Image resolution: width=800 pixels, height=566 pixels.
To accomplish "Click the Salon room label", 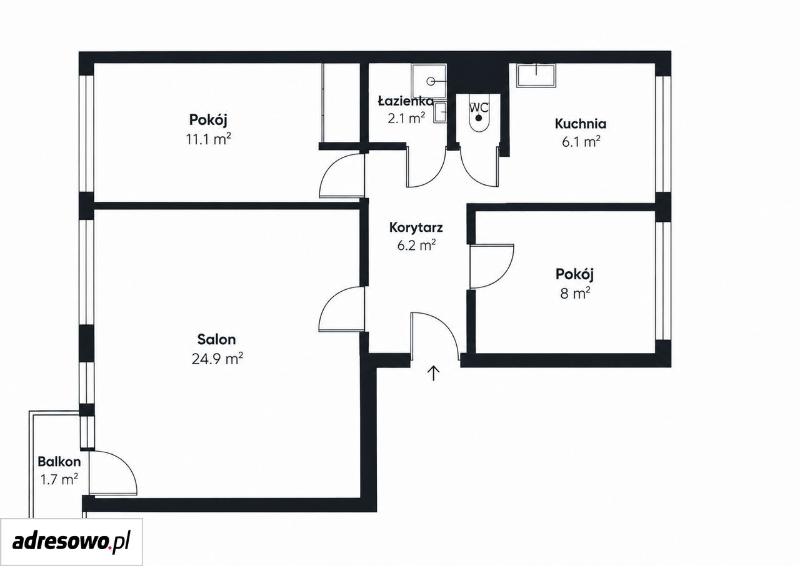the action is (216, 339).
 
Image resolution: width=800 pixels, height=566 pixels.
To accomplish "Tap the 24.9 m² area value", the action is (217, 359).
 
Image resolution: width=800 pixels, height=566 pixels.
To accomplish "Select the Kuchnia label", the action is (581, 124).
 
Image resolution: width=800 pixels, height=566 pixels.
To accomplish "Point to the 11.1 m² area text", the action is (208, 139).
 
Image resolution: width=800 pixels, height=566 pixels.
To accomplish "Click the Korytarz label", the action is (416, 227).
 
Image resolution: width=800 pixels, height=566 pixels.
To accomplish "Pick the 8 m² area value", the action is (575, 294).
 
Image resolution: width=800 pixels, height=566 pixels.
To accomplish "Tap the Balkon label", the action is (59, 462).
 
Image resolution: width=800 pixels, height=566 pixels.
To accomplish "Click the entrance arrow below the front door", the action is (434, 374).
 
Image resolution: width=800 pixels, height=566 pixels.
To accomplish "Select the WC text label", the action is (479, 107).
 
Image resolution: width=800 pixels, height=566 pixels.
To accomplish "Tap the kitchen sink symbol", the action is (536, 75).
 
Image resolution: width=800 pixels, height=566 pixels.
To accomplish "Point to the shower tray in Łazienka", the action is (429, 81).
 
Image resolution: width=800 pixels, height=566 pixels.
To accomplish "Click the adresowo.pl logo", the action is (71, 542).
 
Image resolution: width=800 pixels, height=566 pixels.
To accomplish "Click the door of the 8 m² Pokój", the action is (492, 266).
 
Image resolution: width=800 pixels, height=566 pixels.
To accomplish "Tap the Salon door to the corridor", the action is (341, 309).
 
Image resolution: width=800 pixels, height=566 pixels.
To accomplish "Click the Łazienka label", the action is (406, 102).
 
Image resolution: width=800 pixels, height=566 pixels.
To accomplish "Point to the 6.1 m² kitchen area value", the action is (581, 142).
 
